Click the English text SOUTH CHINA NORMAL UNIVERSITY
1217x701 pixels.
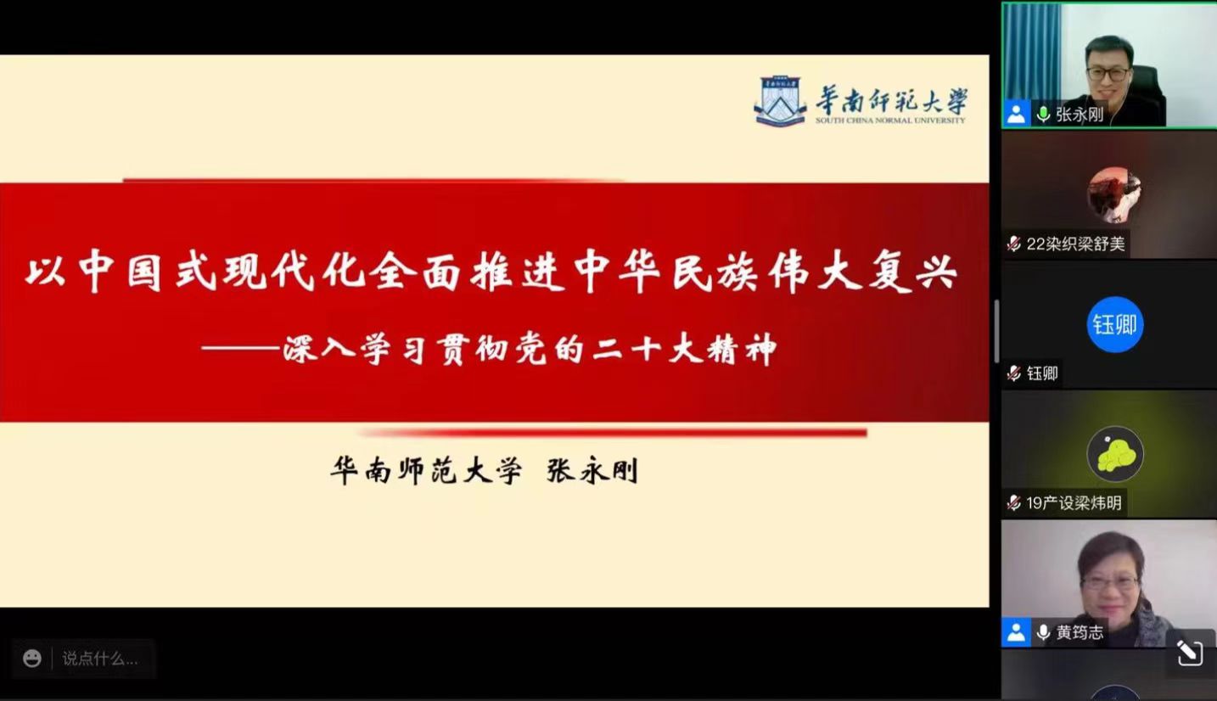pos(890,121)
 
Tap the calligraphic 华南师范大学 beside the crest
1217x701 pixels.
pos(892,100)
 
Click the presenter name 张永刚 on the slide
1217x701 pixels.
pos(592,471)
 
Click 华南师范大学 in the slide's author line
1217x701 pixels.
pos(427,471)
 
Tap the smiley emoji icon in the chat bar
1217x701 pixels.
pos(32,659)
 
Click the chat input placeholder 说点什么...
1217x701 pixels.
pos(100,659)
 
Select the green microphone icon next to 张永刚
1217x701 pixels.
pos(1043,114)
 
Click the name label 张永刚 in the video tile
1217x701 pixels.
pos(1080,115)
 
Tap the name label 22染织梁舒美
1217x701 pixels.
pos(1075,244)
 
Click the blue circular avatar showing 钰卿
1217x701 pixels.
pos(1115,324)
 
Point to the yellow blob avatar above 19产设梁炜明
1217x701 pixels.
pos(1115,454)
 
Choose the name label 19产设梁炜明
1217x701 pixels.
pos(1074,503)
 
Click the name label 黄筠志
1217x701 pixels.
pos(1080,632)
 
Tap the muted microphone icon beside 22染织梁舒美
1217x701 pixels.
pos(1014,244)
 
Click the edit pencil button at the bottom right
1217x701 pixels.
pos(1190,653)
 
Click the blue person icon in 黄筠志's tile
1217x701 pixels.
pos(1016,632)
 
